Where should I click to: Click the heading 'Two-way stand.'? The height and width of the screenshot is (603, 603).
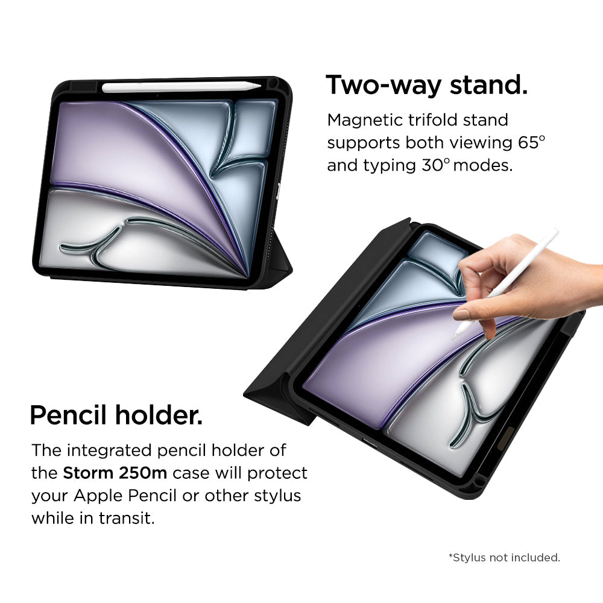tap(426, 86)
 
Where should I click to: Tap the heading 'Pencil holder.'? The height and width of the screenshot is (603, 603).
tap(116, 415)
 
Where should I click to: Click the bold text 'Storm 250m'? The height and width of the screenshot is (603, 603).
tap(115, 473)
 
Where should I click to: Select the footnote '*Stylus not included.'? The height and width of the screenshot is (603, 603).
tap(504, 558)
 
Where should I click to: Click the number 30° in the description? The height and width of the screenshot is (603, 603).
tap(435, 165)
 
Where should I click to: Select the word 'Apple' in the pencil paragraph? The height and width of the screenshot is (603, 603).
tap(98, 496)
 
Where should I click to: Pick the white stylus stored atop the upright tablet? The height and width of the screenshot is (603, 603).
tap(181, 87)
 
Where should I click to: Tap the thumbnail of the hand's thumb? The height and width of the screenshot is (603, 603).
tap(461, 315)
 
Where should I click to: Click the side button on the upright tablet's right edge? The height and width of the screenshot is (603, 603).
tap(278, 191)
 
